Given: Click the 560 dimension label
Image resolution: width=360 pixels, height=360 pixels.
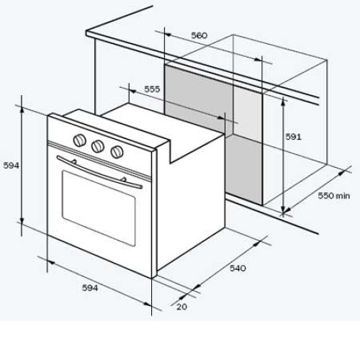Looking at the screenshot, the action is (199, 35).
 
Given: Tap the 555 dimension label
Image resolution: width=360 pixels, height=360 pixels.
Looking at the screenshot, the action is (152, 89).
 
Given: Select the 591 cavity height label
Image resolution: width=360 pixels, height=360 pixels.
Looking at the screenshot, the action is (293, 137).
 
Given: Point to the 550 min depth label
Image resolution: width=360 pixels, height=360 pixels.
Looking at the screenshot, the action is (334, 196).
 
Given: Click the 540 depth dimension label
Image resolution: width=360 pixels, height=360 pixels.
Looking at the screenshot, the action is (238, 268).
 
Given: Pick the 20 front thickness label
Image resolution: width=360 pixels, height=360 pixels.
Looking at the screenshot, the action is (181, 307).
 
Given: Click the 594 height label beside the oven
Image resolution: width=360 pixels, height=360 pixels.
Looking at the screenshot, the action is (11, 166).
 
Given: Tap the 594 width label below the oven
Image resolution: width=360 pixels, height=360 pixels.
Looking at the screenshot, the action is (90, 288).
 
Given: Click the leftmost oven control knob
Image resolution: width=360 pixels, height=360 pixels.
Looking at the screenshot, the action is (79, 140).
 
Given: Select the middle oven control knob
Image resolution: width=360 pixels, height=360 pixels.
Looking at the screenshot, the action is (98, 145).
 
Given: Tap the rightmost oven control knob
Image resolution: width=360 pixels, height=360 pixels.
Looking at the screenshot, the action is (117, 152).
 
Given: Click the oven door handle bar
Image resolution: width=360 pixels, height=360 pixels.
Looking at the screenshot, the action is (99, 172).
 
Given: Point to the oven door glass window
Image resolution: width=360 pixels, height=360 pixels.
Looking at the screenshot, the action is (99, 208).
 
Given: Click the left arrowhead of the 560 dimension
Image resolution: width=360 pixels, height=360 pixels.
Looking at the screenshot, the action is (168, 35).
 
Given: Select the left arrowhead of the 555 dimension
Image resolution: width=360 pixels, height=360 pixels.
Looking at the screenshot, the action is (132, 91).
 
